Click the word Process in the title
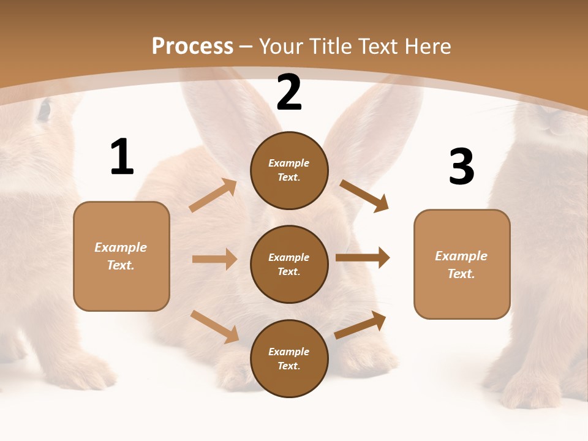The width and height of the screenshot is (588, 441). tap(192, 46)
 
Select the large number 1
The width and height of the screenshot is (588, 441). tap(122, 157)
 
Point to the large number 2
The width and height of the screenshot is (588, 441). tap(289, 93)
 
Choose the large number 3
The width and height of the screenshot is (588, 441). tap(461, 167)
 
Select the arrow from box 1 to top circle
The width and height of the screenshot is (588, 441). tap(213, 195)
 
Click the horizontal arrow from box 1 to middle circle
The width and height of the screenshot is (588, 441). tap(214, 259)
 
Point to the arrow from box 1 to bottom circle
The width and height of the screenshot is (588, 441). tap(214, 326)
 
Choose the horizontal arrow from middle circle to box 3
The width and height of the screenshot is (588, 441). tap(362, 257)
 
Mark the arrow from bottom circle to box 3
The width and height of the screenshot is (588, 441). tap(360, 325)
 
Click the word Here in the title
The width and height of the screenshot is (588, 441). tap(427, 46)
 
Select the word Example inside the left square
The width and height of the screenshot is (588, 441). tap(121, 247)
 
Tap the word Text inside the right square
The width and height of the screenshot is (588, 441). tap(461, 274)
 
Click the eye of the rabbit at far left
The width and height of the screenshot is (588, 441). tap(44, 110)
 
